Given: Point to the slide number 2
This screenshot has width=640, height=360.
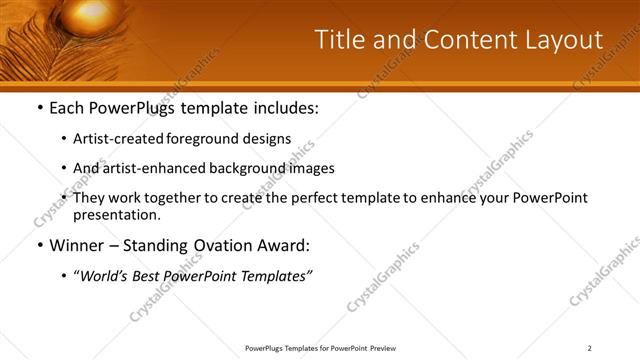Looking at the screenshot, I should coord(589,347).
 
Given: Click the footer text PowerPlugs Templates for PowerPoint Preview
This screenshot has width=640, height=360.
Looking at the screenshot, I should coord(320,347).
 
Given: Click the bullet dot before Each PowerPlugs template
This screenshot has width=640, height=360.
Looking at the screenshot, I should coord(39,107).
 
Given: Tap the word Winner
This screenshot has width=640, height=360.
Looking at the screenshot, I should coord(78,245).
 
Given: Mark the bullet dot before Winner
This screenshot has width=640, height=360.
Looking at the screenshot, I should coord(39,245).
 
